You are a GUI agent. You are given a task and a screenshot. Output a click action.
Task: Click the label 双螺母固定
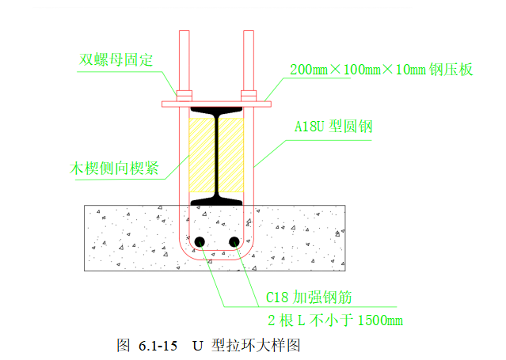tap(116, 59)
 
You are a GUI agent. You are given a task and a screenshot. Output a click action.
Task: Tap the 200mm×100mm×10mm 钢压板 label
tap(382, 70)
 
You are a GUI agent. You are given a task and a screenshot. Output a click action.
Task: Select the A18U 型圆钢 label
tap(333, 126)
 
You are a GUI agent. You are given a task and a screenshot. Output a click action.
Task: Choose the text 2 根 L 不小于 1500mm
tap(334, 320)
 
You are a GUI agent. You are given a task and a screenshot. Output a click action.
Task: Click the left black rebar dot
tap(199, 241)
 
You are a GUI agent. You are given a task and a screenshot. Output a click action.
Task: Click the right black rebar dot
tap(234, 241)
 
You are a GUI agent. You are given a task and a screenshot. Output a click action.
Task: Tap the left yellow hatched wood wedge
tap(202, 153)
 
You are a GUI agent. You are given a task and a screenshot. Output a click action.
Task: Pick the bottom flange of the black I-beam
tap(216, 199)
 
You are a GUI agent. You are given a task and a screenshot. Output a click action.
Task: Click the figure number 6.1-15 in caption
tap(157, 346)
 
